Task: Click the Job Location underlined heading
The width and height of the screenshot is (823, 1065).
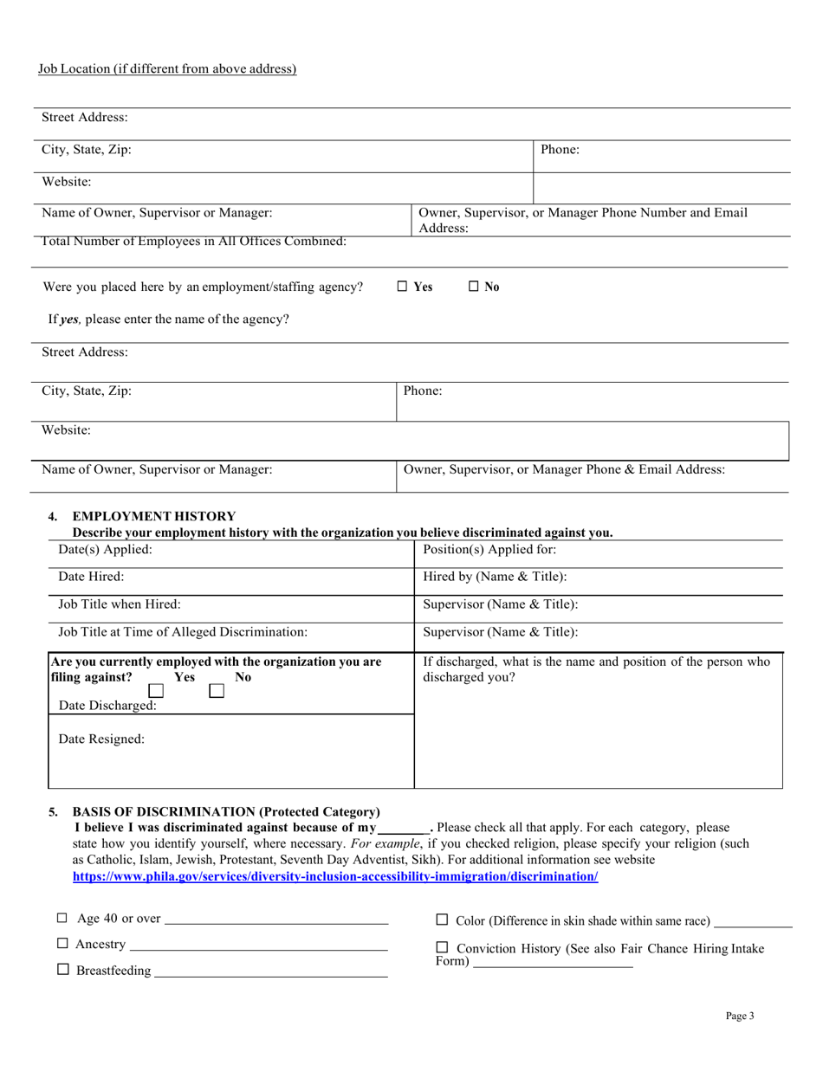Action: [x=167, y=69]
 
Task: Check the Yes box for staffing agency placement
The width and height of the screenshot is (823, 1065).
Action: [x=402, y=287]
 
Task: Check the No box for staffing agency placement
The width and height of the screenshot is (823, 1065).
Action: [x=474, y=287]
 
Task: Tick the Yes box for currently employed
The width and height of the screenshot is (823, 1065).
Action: [x=156, y=691]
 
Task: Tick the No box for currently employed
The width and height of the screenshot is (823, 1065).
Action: [x=217, y=691]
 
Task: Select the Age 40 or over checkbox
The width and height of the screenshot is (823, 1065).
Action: [x=62, y=918]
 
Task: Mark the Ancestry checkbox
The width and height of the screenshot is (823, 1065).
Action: [x=62, y=943]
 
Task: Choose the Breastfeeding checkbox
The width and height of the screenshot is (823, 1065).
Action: [x=62, y=970]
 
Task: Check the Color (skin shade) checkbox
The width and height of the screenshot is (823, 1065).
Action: [x=442, y=920]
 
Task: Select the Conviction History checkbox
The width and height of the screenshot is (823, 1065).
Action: [x=442, y=947]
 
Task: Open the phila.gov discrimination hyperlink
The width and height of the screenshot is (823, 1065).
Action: [x=335, y=876]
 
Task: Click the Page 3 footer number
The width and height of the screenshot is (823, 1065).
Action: [x=740, y=1016]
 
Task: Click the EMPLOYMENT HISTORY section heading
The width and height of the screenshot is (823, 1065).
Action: [x=153, y=516]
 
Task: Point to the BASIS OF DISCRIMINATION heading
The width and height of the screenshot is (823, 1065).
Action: [x=226, y=811]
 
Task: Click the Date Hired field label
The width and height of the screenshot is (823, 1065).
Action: [x=91, y=577]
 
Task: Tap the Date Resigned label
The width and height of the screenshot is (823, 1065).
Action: [x=101, y=739]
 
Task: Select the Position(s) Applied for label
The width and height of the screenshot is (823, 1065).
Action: [x=489, y=550]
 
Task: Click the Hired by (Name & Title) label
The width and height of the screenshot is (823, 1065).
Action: [x=495, y=577]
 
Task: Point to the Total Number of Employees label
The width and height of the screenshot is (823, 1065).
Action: [x=194, y=242]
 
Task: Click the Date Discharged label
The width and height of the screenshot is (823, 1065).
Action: [x=107, y=706]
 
